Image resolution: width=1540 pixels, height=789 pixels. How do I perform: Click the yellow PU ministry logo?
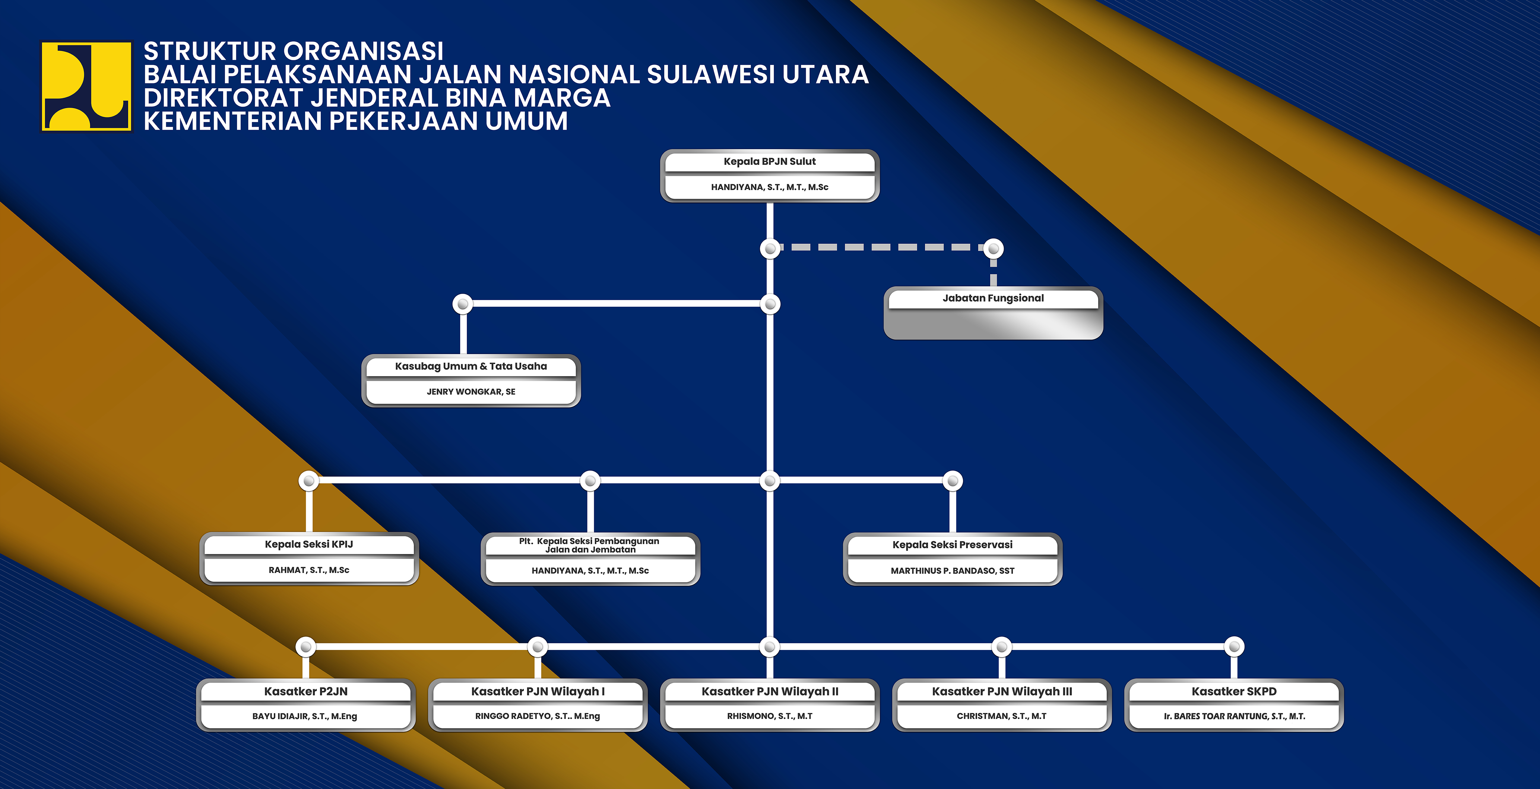click(x=86, y=86)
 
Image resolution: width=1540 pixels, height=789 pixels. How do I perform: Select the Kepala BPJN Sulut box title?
click(x=769, y=161)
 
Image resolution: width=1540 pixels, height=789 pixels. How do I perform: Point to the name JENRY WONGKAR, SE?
click(x=470, y=392)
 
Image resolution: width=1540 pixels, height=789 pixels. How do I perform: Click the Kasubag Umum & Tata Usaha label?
click(x=470, y=366)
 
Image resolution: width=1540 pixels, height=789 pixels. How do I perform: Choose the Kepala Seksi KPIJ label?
click(x=308, y=545)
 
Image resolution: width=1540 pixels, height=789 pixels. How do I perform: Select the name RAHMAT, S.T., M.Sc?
click(x=308, y=570)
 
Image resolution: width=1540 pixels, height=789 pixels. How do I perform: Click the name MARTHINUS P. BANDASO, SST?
click(x=952, y=571)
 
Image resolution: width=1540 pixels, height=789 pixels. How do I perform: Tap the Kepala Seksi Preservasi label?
click(x=952, y=545)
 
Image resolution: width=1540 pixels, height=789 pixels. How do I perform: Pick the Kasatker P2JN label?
click(x=305, y=691)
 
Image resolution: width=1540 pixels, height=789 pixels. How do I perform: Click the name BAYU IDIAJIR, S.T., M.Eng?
click(x=304, y=716)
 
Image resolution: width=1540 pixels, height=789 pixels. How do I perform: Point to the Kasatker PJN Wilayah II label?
click(x=769, y=691)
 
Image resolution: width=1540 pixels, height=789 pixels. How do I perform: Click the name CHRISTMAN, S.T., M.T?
click(x=1001, y=716)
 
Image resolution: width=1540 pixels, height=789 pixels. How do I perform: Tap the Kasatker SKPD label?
click(x=1233, y=691)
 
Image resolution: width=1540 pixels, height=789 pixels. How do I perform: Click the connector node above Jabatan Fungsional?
click(x=993, y=248)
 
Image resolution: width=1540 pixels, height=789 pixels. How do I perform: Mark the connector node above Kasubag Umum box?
click(x=463, y=304)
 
